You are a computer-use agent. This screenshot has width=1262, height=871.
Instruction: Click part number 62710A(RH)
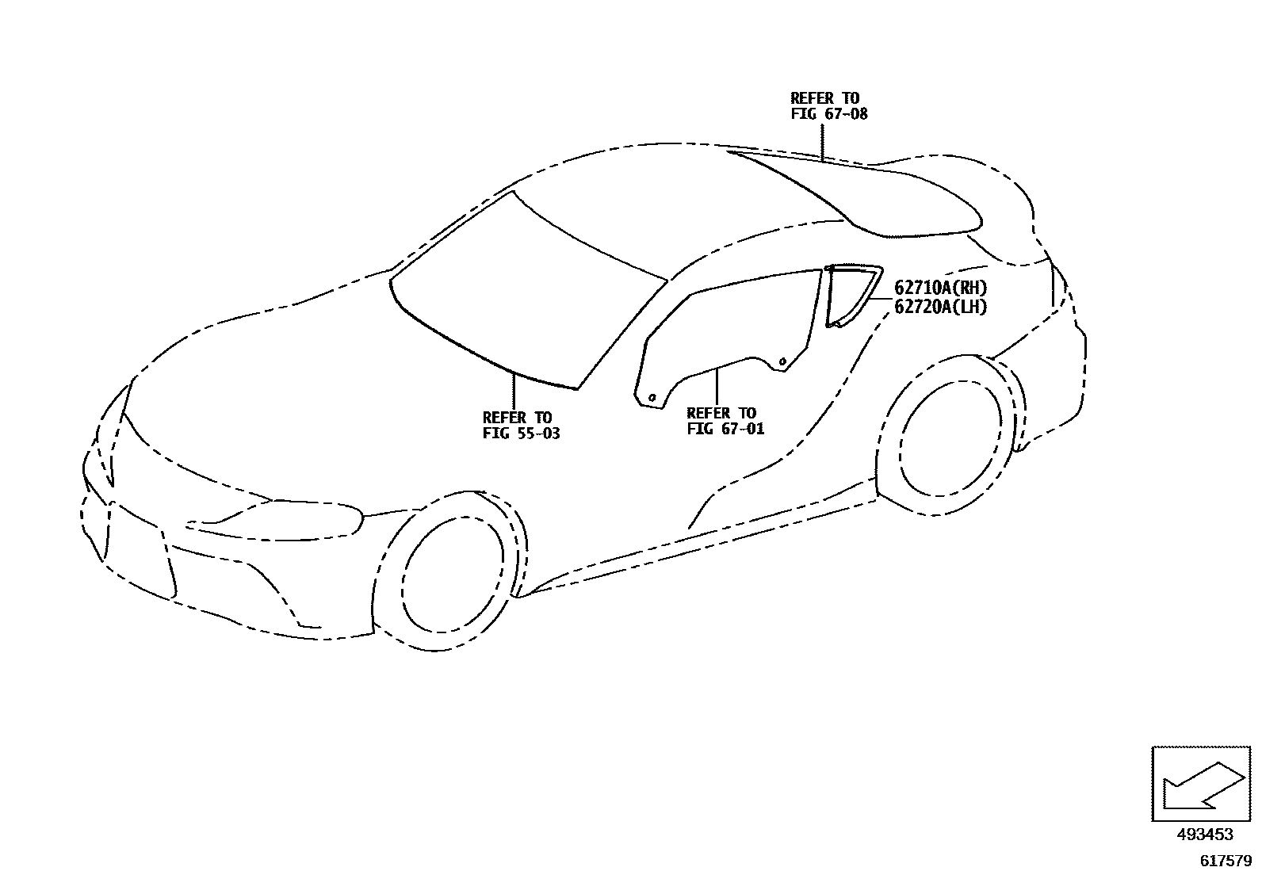point(941,288)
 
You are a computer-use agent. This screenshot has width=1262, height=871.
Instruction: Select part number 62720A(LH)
point(941,307)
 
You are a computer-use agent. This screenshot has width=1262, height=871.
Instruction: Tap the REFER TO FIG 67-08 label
point(828,106)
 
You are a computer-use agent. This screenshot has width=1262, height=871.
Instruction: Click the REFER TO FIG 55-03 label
point(521,426)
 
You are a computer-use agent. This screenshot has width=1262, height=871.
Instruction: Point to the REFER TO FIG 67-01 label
point(725,421)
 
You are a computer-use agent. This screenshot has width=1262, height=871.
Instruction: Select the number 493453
point(1205,834)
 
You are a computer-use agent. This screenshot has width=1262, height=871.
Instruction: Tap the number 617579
point(1224,859)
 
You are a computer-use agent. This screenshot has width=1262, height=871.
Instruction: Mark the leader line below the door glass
point(717,388)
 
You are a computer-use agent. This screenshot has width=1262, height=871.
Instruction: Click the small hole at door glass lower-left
point(652,396)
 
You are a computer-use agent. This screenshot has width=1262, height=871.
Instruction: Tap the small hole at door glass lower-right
point(782,362)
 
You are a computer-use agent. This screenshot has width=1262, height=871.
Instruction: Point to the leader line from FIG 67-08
point(824,143)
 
